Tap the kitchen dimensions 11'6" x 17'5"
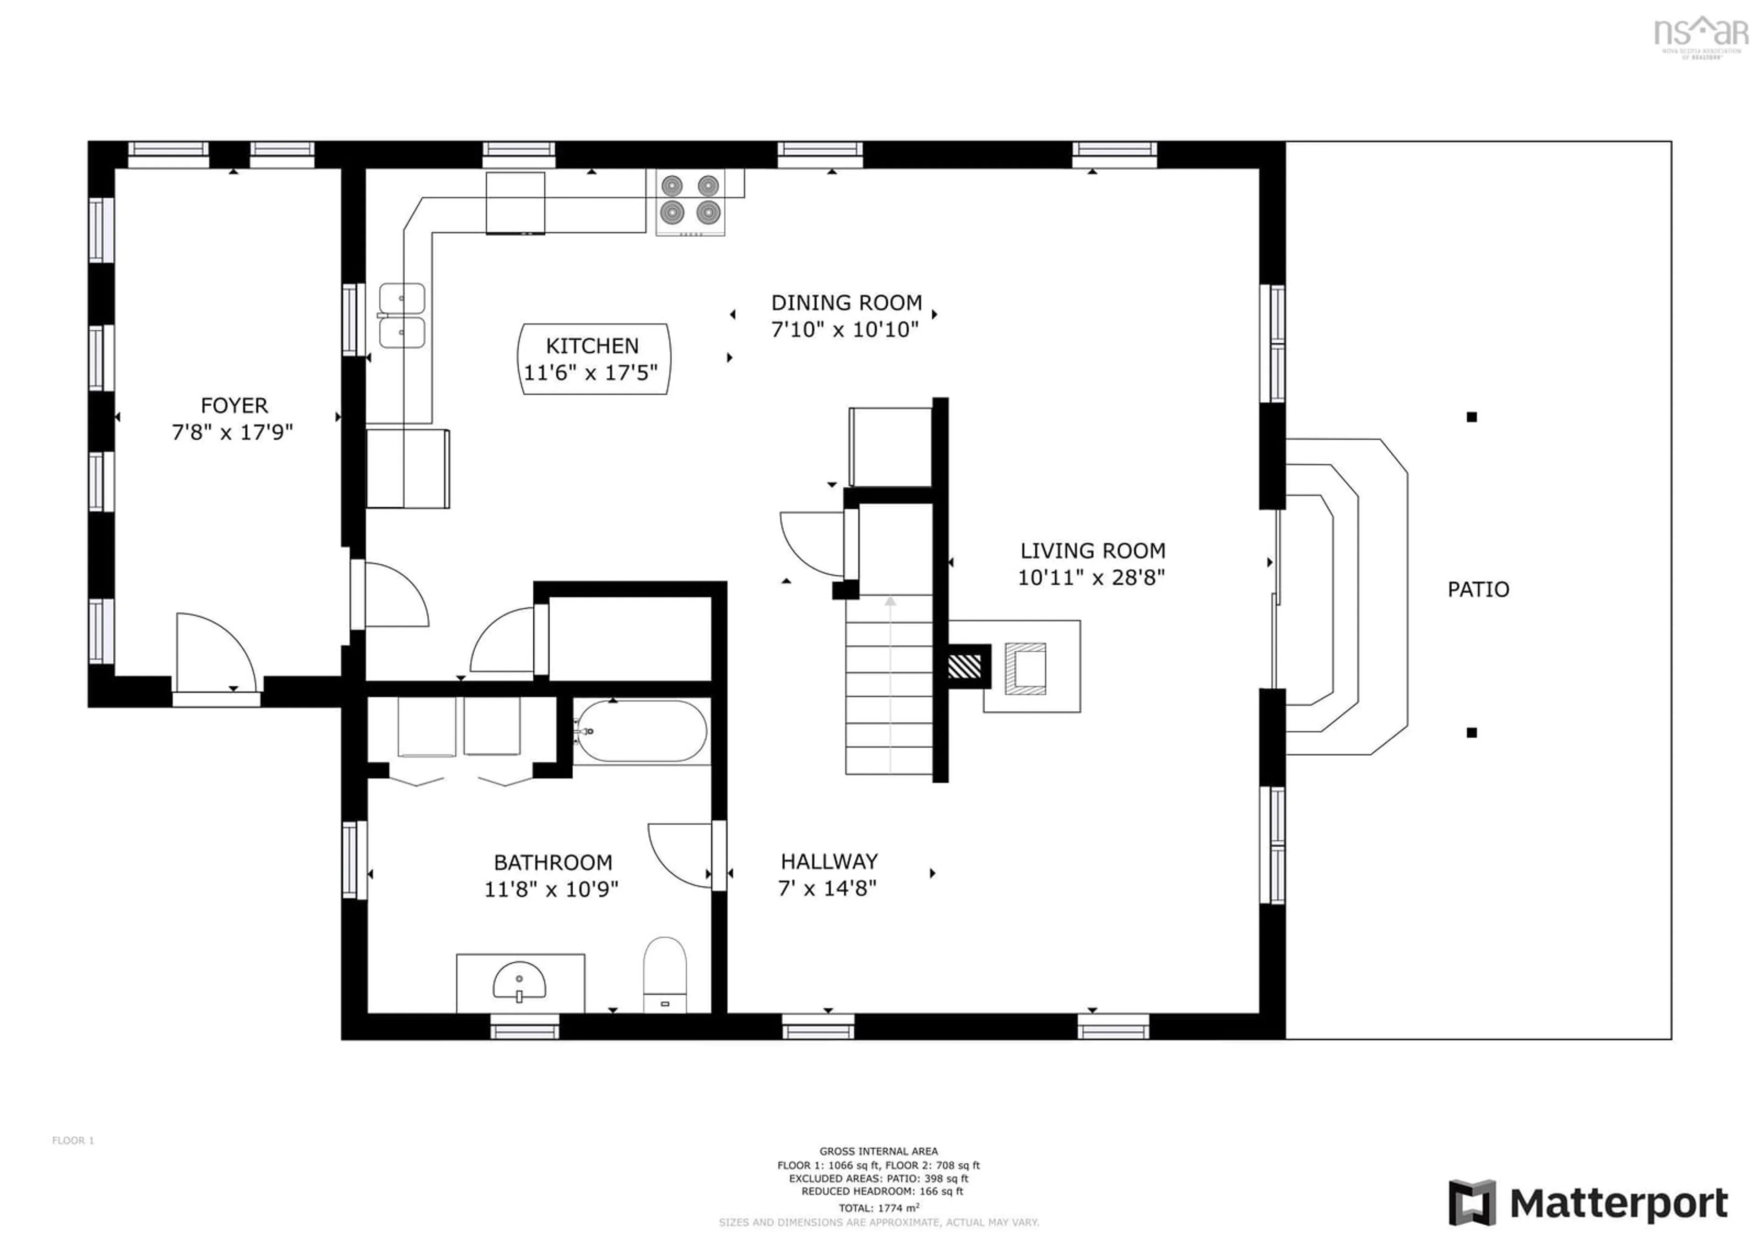(590, 373)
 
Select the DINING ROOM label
(846, 303)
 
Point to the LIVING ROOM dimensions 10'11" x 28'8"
(1091, 578)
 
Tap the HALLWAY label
(829, 861)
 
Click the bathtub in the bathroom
(642, 731)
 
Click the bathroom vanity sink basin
(519, 981)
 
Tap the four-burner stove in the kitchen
(690, 201)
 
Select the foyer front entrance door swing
(214, 651)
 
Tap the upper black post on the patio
(1471, 417)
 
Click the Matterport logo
(1588, 1202)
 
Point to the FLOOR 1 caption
(73, 1140)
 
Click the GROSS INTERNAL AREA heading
(878, 1151)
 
